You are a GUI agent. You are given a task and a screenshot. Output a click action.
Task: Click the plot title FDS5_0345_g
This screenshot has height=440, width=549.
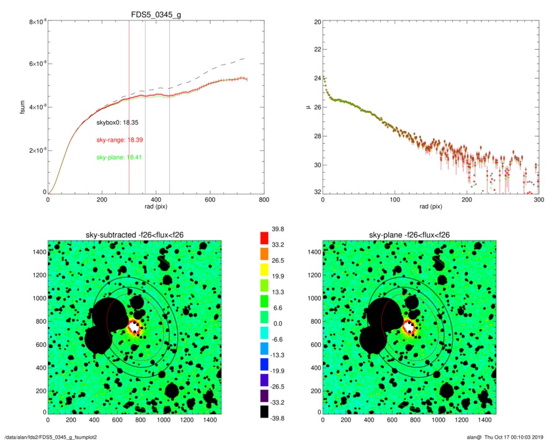[x=156, y=13]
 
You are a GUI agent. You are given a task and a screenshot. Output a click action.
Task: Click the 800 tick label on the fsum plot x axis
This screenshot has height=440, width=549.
[x=264, y=201]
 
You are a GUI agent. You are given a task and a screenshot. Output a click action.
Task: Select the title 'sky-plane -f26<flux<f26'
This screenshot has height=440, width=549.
[x=409, y=234]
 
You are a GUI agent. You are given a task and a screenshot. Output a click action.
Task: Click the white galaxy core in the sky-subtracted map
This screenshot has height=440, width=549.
[x=135, y=327]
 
